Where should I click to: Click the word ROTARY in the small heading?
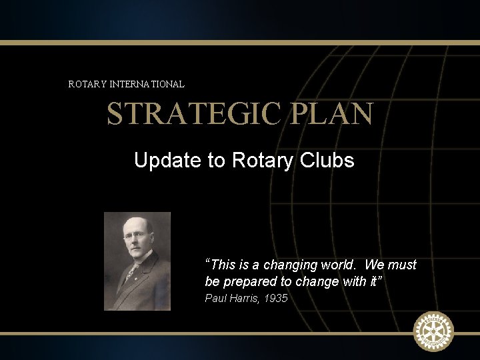click(85, 85)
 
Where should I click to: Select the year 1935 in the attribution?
click(275, 299)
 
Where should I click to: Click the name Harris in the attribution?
click(244, 299)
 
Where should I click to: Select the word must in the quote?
click(402, 265)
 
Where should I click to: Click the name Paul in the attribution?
click(215, 299)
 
